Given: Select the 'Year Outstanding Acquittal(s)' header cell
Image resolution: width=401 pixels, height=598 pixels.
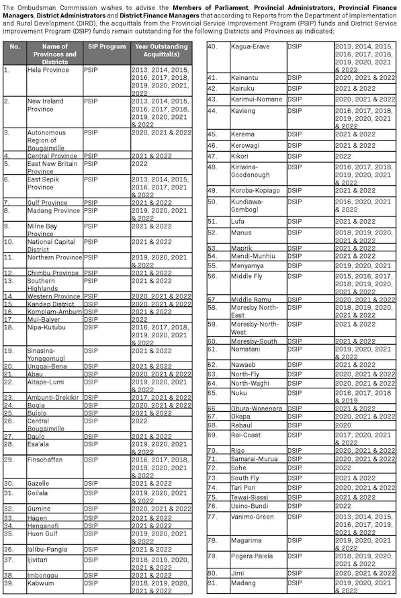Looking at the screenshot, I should pyautogui.click(x=162, y=50).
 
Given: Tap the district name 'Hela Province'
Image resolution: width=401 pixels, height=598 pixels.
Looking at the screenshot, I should pyautogui.click(x=48, y=70).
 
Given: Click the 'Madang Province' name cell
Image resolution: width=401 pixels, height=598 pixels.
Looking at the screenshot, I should pyautogui.click(x=53, y=210).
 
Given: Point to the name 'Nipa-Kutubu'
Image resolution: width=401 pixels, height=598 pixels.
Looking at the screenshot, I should pyautogui.click(x=48, y=327).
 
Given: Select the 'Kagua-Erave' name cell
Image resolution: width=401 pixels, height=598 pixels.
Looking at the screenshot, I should pyautogui.click(x=251, y=46).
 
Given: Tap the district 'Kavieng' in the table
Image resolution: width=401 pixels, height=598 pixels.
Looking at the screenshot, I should pyautogui.click(x=243, y=110).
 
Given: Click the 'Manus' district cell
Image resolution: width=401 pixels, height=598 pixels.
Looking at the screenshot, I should pyautogui.click(x=241, y=232).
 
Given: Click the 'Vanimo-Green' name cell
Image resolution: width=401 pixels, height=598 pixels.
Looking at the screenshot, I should pyautogui.click(x=252, y=517).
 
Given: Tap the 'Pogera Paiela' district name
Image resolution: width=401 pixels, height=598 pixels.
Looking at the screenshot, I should pyautogui.click(x=253, y=556).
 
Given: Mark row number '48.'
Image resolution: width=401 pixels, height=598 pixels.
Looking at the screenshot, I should pyautogui.click(x=212, y=167).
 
